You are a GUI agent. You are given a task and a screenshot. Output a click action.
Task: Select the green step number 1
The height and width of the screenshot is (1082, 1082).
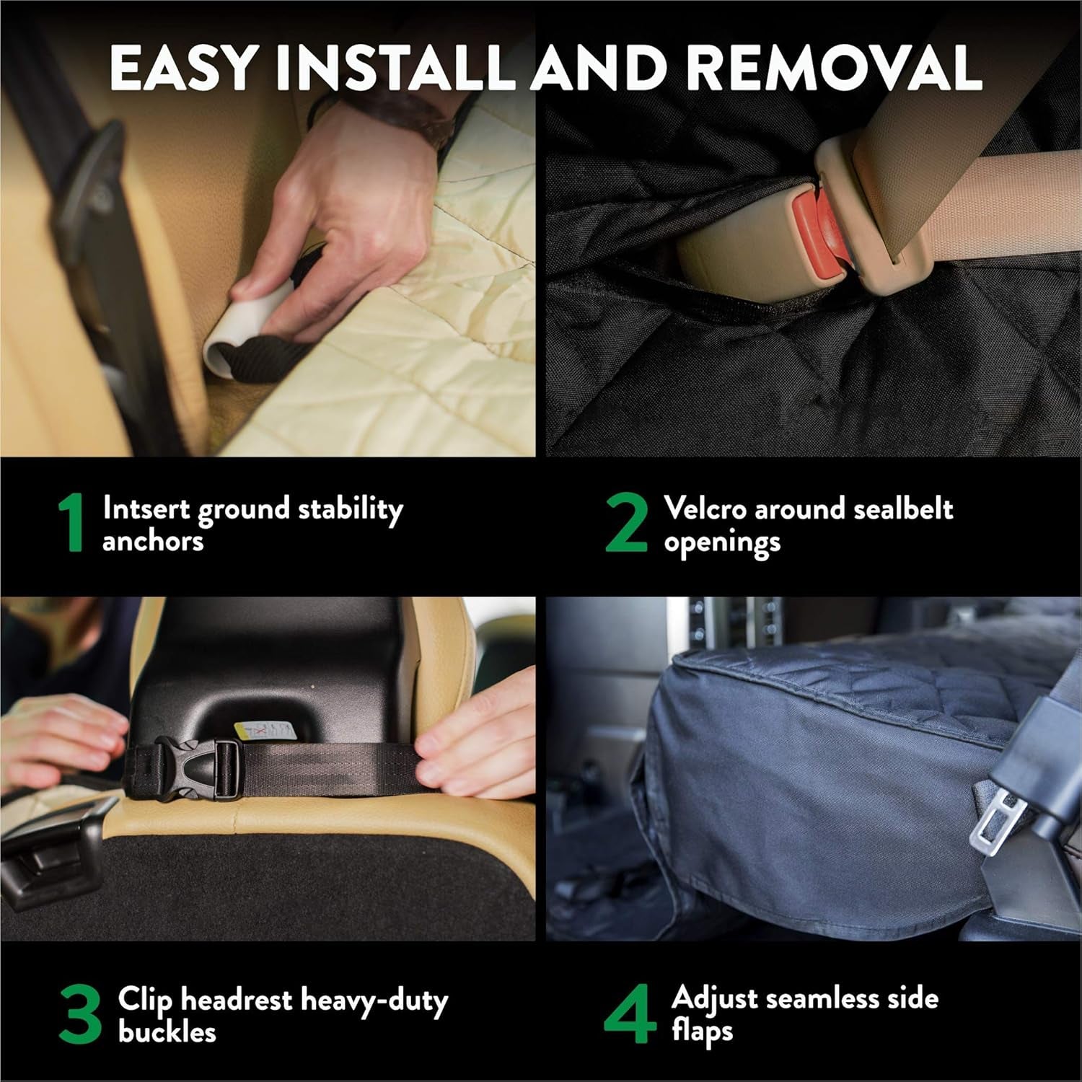pyautogui.click(x=72, y=523)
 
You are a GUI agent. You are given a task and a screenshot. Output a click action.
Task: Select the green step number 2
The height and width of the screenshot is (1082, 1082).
pyautogui.click(x=626, y=523)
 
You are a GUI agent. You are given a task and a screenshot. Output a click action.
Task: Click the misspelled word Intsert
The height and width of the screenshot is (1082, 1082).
pyautogui.click(x=146, y=509)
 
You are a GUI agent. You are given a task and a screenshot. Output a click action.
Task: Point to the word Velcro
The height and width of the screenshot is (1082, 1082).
pyautogui.click(x=705, y=509)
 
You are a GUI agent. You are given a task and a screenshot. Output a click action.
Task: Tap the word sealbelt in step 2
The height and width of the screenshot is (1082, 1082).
pyautogui.click(x=902, y=509)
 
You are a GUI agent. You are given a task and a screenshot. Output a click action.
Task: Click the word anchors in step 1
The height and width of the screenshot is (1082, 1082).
pyautogui.click(x=153, y=541)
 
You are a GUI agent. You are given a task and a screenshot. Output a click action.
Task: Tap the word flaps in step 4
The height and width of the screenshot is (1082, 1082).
pyautogui.click(x=702, y=1032)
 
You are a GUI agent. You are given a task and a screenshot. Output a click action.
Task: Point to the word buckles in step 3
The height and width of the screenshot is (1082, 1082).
pyautogui.click(x=167, y=1032)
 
